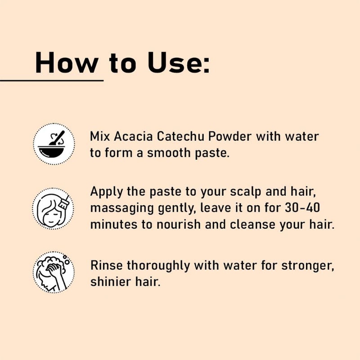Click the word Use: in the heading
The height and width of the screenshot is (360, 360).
(x=178, y=63)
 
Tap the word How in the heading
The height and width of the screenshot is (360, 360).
(x=67, y=63)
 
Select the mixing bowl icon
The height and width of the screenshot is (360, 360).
(x=54, y=144)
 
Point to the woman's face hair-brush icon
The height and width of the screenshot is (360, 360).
(x=53, y=208)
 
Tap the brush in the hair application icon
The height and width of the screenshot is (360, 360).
(x=64, y=202)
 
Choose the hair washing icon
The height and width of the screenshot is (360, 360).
(x=54, y=272)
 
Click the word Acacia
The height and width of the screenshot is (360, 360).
(x=133, y=136)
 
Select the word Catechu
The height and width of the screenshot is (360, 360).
(x=180, y=136)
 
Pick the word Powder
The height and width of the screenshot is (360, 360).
(x=230, y=136)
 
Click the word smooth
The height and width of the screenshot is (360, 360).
(x=169, y=153)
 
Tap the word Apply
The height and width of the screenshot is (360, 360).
(x=106, y=192)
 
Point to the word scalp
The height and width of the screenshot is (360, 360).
(x=246, y=192)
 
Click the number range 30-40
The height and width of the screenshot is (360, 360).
(x=302, y=208)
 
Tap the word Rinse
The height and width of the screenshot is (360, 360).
(x=107, y=265)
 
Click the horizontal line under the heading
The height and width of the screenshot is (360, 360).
(x=52, y=81)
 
